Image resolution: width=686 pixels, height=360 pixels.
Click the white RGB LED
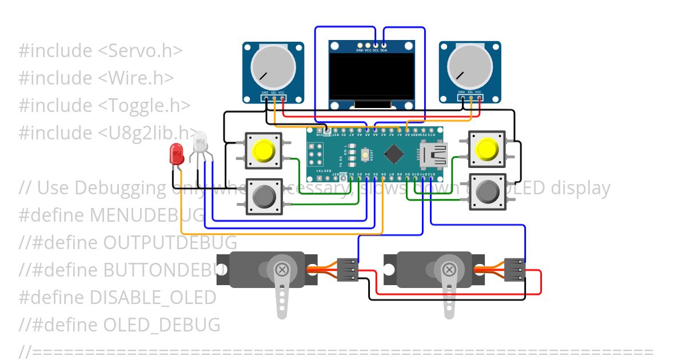(200, 142)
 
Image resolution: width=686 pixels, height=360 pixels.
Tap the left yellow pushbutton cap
(264, 151)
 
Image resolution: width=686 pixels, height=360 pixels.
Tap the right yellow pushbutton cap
(486, 149)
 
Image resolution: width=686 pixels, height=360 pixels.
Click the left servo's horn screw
(282, 269)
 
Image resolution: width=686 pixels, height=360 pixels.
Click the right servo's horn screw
(449, 269)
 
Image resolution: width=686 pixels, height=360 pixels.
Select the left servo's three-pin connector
(348, 269)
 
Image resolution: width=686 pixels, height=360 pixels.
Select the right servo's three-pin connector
(515, 269)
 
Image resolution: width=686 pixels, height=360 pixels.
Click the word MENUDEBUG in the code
(147, 215)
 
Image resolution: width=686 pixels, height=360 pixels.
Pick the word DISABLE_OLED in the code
(153, 298)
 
